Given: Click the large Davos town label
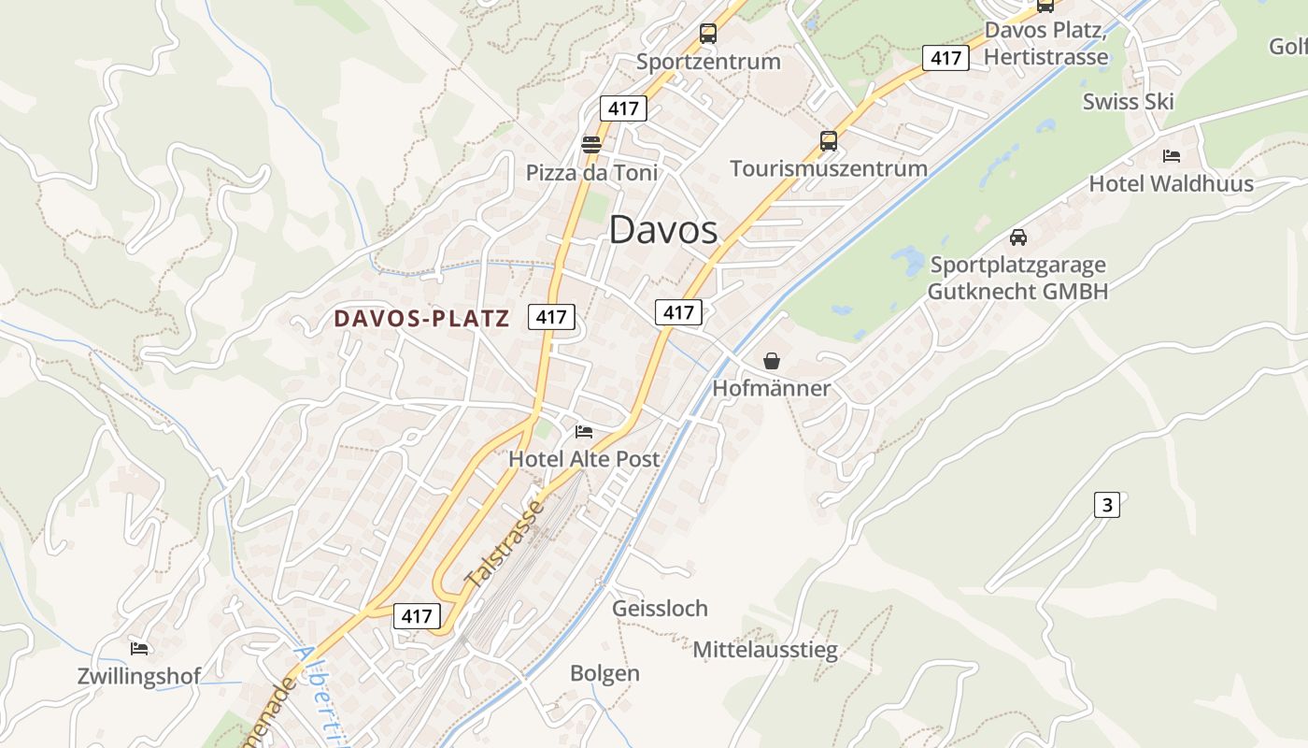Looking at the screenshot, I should (663, 230).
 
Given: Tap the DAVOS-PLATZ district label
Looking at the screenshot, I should (422, 319).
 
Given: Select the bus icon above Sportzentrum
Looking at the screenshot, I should (708, 35).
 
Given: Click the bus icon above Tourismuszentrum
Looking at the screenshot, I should (829, 141).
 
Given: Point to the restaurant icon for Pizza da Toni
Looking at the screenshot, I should (591, 144).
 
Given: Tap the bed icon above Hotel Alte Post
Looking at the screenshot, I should (584, 431).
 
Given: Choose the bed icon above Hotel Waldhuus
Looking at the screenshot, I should (1171, 155).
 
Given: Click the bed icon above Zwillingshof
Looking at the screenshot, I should (139, 648).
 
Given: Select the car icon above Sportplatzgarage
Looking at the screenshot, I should (1018, 237).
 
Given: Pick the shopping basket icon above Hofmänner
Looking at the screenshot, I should (772, 360).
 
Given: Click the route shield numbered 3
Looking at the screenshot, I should (1107, 505).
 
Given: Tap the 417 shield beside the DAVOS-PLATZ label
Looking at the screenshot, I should (551, 317).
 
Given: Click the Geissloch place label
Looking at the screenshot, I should (660, 609).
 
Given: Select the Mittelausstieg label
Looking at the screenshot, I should (765, 650).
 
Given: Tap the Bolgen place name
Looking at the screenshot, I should (604, 673).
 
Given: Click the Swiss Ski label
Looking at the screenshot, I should (1128, 102).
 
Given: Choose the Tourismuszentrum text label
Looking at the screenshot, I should (828, 168).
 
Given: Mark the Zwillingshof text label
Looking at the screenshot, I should (138, 677).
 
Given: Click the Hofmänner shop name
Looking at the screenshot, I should (772, 388).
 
